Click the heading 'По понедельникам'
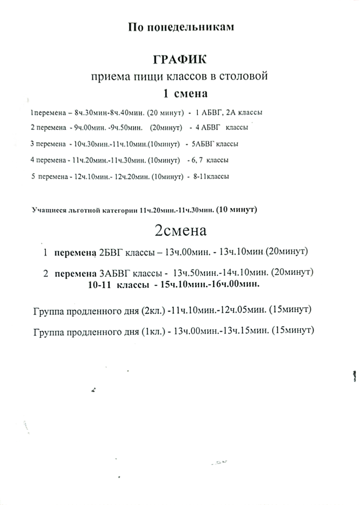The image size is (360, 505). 181,27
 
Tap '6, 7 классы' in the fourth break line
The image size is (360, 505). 212,160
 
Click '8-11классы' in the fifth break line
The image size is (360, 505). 211,176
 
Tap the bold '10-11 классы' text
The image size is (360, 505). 117,284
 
